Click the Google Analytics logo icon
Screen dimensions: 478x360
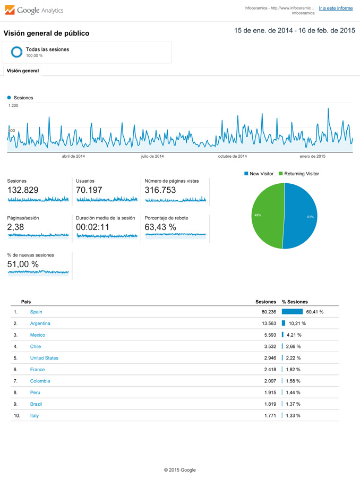click(x=10, y=10)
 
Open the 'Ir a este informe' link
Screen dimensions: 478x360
click(x=336, y=8)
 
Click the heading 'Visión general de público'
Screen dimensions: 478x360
click(x=46, y=33)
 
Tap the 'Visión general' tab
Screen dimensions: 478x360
click(x=23, y=71)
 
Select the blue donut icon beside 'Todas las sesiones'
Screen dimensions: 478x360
click(x=16, y=52)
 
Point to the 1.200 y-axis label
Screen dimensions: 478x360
click(x=13, y=106)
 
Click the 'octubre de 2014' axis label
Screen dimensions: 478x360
click(x=232, y=156)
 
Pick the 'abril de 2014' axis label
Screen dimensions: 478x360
click(x=73, y=156)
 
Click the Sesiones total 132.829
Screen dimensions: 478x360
click(x=23, y=190)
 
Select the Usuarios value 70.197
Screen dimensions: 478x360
click(x=91, y=190)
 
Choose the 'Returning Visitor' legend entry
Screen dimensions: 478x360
click(x=301, y=174)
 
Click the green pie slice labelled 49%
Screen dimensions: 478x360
click(x=265, y=215)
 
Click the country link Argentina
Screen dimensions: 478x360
click(x=40, y=323)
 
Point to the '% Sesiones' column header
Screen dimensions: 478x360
click(x=295, y=302)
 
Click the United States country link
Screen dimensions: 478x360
click(x=44, y=358)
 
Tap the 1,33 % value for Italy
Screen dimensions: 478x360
click(x=293, y=415)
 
